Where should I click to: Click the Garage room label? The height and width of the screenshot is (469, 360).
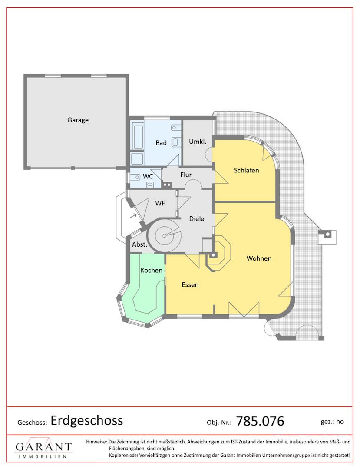(78, 120)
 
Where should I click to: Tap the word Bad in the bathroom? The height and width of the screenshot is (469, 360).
(161, 143)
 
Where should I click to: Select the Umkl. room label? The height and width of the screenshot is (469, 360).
(197, 142)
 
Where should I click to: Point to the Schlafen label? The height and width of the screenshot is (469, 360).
(246, 170)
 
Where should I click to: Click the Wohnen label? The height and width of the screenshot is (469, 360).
(259, 258)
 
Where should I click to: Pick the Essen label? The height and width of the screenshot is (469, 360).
(190, 284)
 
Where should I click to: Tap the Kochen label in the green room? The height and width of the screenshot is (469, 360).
(151, 270)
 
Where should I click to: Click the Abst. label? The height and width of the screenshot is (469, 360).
(139, 244)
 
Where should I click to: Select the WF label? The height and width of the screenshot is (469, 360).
(160, 203)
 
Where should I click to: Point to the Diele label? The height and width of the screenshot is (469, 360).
(197, 218)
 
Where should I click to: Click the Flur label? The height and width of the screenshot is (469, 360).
(186, 175)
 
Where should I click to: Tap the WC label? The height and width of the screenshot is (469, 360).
(148, 176)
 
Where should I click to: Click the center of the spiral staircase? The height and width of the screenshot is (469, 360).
(165, 235)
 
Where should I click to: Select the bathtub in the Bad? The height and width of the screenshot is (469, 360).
(138, 137)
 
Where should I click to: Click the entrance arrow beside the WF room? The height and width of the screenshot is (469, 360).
(133, 215)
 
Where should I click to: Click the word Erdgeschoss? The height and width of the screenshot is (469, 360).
(87, 421)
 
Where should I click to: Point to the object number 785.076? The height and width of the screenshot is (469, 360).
(260, 421)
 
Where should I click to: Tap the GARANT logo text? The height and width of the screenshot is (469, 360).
(44, 447)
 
